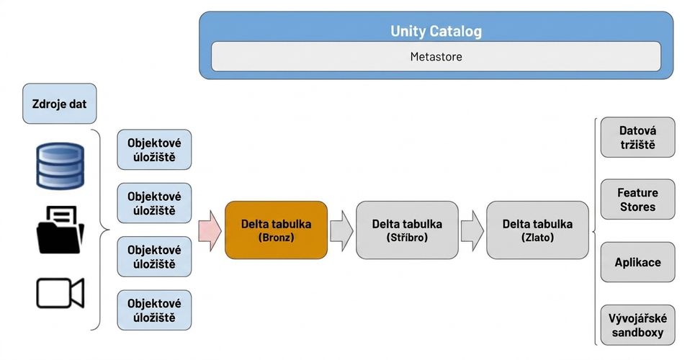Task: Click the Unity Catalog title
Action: click(x=436, y=31)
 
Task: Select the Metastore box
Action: click(x=436, y=56)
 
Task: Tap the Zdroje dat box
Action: click(x=59, y=104)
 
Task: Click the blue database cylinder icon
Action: click(x=60, y=166)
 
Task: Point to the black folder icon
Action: click(x=60, y=230)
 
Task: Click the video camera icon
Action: click(x=60, y=293)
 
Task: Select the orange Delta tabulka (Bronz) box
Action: click(x=276, y=230)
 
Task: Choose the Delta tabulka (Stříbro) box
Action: click(x=407, y=230)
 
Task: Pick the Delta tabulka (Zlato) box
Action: click(x=537, y=230)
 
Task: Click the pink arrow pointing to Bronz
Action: click(x=210, y=230)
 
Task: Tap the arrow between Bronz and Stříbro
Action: click(x=341, y=230)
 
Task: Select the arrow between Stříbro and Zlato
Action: click(x=472, y=230)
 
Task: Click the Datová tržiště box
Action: click(x=637, y=138)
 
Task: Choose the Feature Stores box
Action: click(x=637, y=199)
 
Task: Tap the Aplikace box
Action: click(x=637, y=262)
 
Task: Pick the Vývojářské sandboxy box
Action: click(x=637, y=325)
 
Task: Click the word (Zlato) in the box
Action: click(x=537, y=238)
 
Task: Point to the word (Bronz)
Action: click(x=276, y=238)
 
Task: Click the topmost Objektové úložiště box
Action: click(x=154, y=150)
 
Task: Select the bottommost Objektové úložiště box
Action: click(x=154, y=310)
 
